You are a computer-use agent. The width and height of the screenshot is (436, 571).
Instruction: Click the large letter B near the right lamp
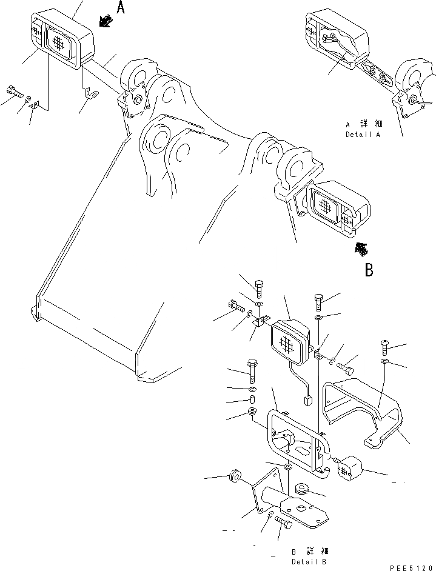click(369, 269)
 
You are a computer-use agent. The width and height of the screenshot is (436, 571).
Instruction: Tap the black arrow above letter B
click(361, 248)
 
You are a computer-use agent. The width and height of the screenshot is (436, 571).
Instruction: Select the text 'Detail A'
click(363, 135)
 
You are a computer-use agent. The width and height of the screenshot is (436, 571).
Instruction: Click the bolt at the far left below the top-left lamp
click(15, 92)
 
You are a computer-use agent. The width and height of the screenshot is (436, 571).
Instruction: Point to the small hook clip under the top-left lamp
click(91, 94)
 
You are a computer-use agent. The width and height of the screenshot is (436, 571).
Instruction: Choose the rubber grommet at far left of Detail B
click(233, 476)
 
